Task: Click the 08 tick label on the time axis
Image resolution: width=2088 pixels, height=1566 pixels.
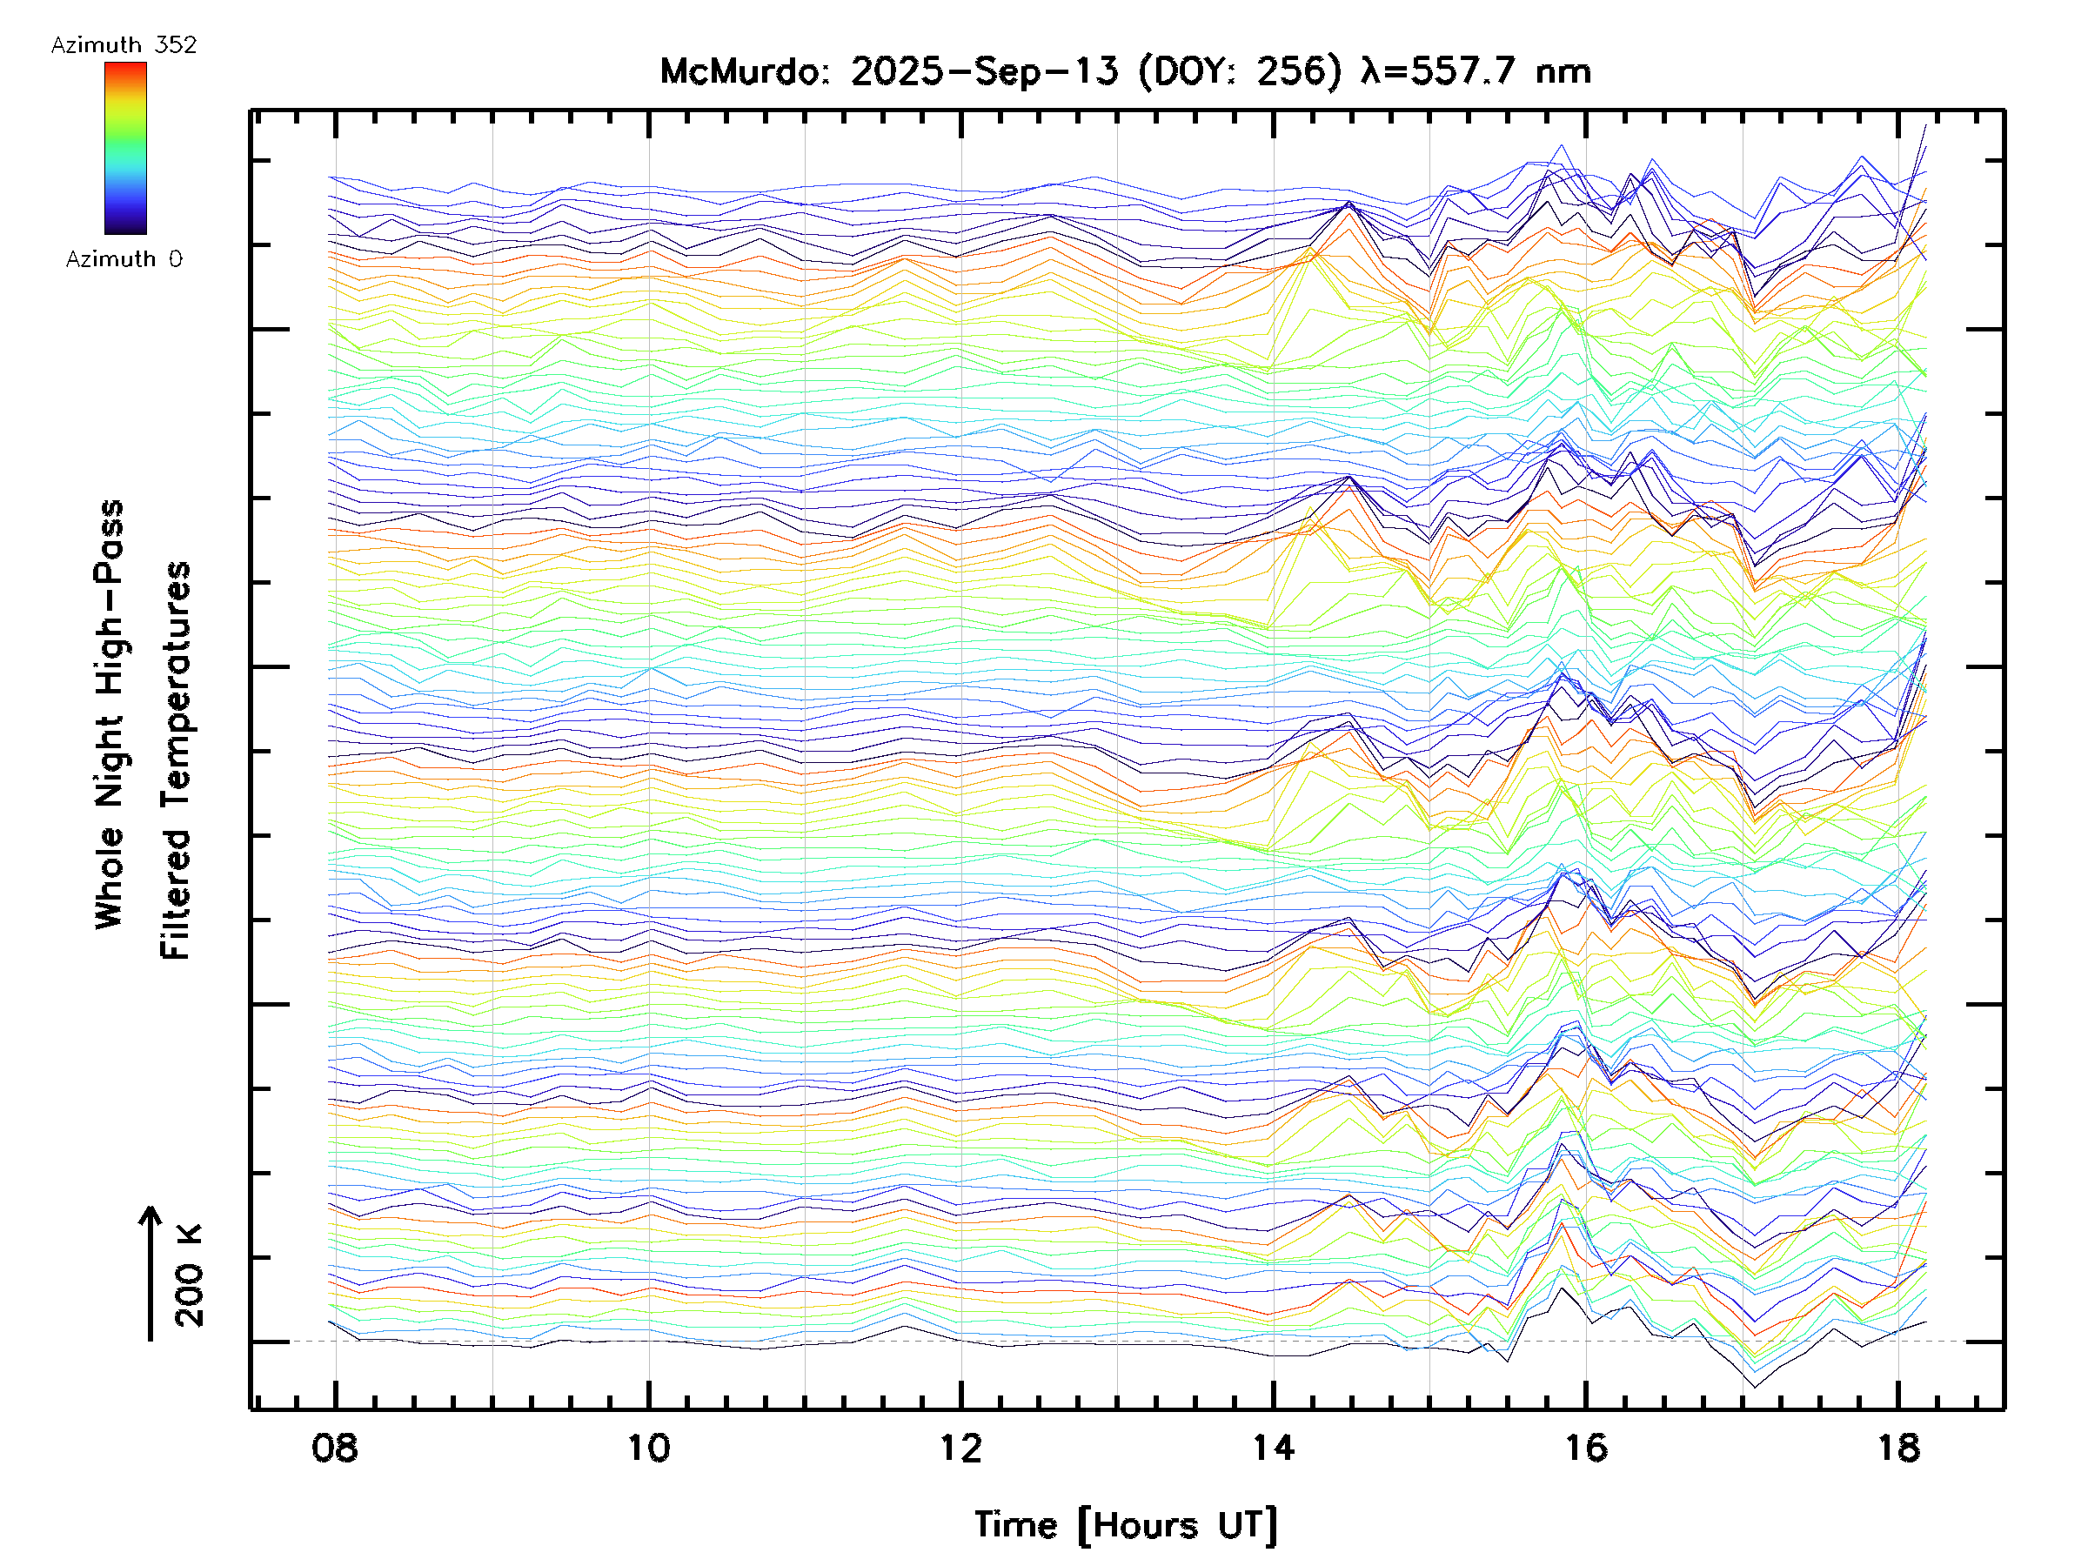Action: [x=334, y=1447]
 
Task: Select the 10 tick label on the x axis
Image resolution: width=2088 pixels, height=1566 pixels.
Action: [x=648, y=1447]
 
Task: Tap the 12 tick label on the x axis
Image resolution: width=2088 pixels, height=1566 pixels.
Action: [x=961, y=1447]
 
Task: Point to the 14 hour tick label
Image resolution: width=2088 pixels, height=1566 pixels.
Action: [x=1274, y=1447]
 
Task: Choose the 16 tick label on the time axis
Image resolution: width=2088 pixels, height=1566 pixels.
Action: [x=1586, y=1447]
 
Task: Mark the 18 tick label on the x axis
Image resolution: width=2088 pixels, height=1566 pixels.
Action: [x=1898, y=1447]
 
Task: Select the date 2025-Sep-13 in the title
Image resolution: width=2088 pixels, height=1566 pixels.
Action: [x=985, y=70]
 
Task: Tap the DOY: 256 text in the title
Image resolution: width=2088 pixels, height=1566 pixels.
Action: [x=1241, y=70]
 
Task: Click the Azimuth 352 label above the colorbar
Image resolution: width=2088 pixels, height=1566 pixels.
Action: [x=124, y=45]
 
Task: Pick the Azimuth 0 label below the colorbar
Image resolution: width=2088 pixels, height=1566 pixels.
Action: [x=124, y=258]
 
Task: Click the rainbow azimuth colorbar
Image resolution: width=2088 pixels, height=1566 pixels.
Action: [x=125, y=148]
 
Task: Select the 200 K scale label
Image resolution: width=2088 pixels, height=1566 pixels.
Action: [x=189, y=1275]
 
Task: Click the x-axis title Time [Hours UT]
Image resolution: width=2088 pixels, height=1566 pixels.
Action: [x=1126, y=1524]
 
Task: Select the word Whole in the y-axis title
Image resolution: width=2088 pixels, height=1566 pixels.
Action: [x=110, y=878]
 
